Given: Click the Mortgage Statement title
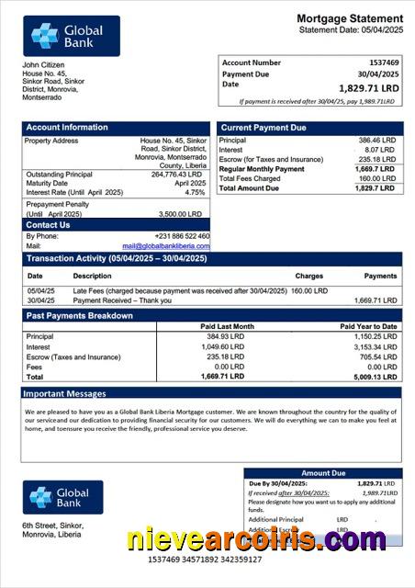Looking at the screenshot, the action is click(x=349, y=18).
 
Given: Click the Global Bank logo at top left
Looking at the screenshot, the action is click(x=72, y=36).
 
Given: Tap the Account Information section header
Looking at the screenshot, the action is click(x=66, y=128).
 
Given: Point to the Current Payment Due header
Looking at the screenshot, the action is click(x=264, y=128).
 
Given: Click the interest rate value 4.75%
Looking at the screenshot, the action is click(x=195, y=193).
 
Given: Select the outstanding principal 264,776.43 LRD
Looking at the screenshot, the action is click(x=176, y=174).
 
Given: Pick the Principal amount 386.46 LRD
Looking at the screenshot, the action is click(x=376, y=141).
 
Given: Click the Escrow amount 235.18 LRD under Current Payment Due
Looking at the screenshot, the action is click(x=376, y=160).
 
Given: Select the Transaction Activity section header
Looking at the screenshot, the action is click(x=116, y=259).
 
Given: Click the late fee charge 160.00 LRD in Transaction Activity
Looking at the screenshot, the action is click(x=309, y=290).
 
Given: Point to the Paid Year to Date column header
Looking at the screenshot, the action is click(x=368, y=326).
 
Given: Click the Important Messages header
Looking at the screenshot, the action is click(x=64, y=394).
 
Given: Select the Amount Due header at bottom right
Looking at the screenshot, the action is click(x=323, y=473).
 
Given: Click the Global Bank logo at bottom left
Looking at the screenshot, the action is click(x=63, y=497).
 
